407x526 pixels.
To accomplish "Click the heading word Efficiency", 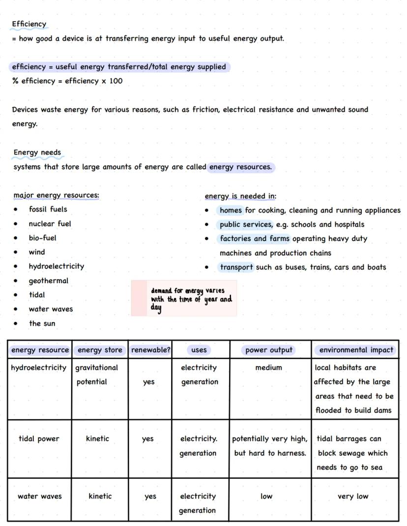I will point(29,24).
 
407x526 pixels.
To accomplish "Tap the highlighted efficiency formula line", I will point(119,67).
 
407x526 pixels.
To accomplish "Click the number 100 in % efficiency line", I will point(116,81).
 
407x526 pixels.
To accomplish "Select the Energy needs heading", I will point(37,152).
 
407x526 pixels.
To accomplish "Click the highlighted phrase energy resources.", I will point(240,167).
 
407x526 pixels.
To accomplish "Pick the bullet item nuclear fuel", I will point(50,224).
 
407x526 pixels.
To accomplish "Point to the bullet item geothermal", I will point(48,281).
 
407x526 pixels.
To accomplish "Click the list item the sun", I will point(42,323).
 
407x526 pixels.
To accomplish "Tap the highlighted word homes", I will point(231,210).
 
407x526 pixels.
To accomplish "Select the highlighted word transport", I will point(236,267).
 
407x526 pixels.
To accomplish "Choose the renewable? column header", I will point(150,350).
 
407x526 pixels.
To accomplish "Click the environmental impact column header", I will point(356,350).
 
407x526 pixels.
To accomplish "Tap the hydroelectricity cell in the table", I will point(38,368).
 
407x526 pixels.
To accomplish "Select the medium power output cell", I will point(268,368).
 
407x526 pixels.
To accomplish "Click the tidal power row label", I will point(39,439).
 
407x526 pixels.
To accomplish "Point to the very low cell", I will point(353,497).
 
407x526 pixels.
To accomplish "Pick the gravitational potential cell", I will point(96,375).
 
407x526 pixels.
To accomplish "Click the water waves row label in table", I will point(39,497).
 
